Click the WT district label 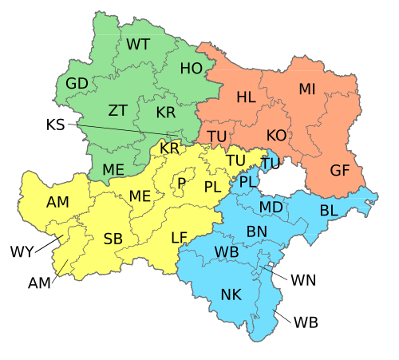coord(138,44)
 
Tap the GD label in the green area coord(77,84)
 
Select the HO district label coord(192,69)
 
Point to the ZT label coord(118,110)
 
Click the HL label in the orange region coord(247,97)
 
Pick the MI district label coord(307,89)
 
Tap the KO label coord(276,136)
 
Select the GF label coord(340,170)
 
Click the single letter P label coord(182,184)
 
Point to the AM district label coord(57,203)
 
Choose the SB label coord(113,239)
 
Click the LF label coord(180,237)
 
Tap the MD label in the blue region coord(271,208)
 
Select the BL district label coord(329,211)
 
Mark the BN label coord(257,231)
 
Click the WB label coord(227,252)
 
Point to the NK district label coord(231,295)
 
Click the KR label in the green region coord(166,113)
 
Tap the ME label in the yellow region coord(140,196)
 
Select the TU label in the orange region coord(217,136)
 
